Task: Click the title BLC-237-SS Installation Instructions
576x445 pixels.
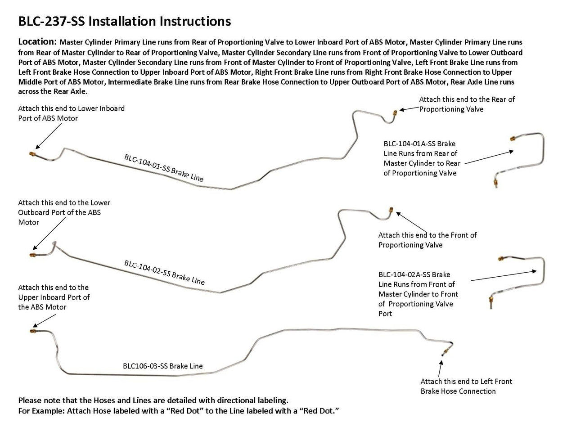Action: coord(124,21)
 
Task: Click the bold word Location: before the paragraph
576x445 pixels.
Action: coord(37,42)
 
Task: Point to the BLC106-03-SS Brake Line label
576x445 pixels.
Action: coord(163,366)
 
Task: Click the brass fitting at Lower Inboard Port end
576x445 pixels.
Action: coord(32,154)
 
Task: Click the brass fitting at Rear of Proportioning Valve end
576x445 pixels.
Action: coord(395,112)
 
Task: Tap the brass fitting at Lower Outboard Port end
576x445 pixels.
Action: coord(33,255)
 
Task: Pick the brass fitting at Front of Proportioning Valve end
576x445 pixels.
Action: coord(391,210)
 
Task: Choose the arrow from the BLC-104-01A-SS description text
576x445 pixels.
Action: coord(488,156)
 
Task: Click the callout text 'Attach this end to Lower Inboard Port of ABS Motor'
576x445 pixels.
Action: coord(71,113)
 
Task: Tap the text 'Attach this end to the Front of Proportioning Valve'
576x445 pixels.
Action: coord(427,240)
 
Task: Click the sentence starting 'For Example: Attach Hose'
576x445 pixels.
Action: coord(178,411)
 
